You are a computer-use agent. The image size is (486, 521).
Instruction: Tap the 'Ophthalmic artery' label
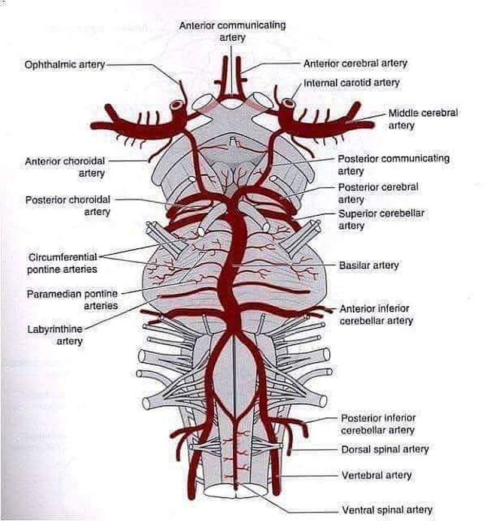point(65,64)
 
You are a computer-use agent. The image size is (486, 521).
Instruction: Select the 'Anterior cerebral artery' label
point(356,63)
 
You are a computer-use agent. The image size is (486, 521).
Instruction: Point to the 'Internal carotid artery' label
point(351,82)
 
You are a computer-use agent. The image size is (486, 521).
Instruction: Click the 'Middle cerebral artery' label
point(423,119)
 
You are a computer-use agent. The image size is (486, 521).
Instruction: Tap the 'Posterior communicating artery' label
point(393,165)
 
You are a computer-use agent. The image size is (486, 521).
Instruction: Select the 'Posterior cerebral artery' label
point(378,193)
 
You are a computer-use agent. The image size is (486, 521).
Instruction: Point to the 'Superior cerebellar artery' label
point(377,219)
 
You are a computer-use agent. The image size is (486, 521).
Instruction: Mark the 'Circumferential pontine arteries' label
point(62,263)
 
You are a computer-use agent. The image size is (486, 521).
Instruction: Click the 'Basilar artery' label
point(369,264)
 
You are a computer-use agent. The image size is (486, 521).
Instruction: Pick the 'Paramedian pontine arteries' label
point(72,300)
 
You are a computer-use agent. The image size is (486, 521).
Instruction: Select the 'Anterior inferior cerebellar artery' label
point(376,315)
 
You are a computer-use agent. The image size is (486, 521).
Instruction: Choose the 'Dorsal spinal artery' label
point(385,449)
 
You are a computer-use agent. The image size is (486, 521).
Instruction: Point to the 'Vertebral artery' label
point(376,475)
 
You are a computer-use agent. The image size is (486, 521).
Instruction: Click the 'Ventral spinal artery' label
point(387,510)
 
